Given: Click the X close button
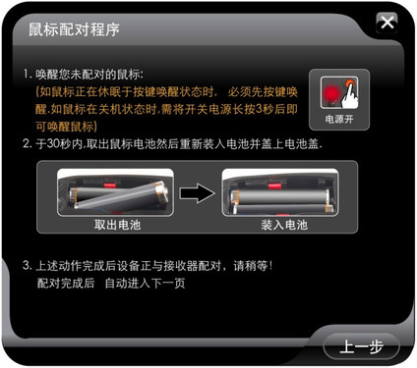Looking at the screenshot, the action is click(x=387, y=23).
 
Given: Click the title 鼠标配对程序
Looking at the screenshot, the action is click(x=74, y=29).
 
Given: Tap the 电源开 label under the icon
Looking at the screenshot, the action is click(x=339, y=119).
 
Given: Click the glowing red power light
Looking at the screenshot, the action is click(x=330, y=92).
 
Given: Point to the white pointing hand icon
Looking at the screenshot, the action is click(x=350, y=94).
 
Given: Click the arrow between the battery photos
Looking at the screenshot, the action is click(x=197, y=193).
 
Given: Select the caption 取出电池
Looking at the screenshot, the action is click(x=118, y=225).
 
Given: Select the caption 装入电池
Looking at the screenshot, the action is click(x=284, y=225).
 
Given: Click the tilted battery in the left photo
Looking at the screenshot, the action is click(x=121, y=195).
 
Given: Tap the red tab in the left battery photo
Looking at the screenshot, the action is click(x=110, y=185).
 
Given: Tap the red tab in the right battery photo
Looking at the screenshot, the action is click(x=274, y=186).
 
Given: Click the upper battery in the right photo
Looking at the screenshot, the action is click(x=280, y=197).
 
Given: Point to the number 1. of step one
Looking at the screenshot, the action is click(x=28, y=74).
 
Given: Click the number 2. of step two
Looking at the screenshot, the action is click(x=28, y=143).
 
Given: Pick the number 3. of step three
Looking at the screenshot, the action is click(x=28, y=265).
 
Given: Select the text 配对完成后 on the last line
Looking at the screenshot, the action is click(x=66, y=283).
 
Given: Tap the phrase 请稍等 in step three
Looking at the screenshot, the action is click(x=251, y=266).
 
